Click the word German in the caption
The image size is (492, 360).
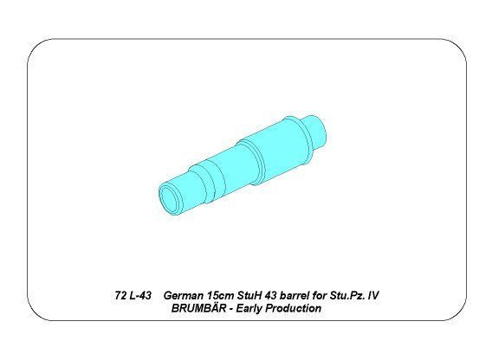coord(183,295)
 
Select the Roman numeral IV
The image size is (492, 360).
coord(374,295)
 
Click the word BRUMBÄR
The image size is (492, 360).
coord(198,308)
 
